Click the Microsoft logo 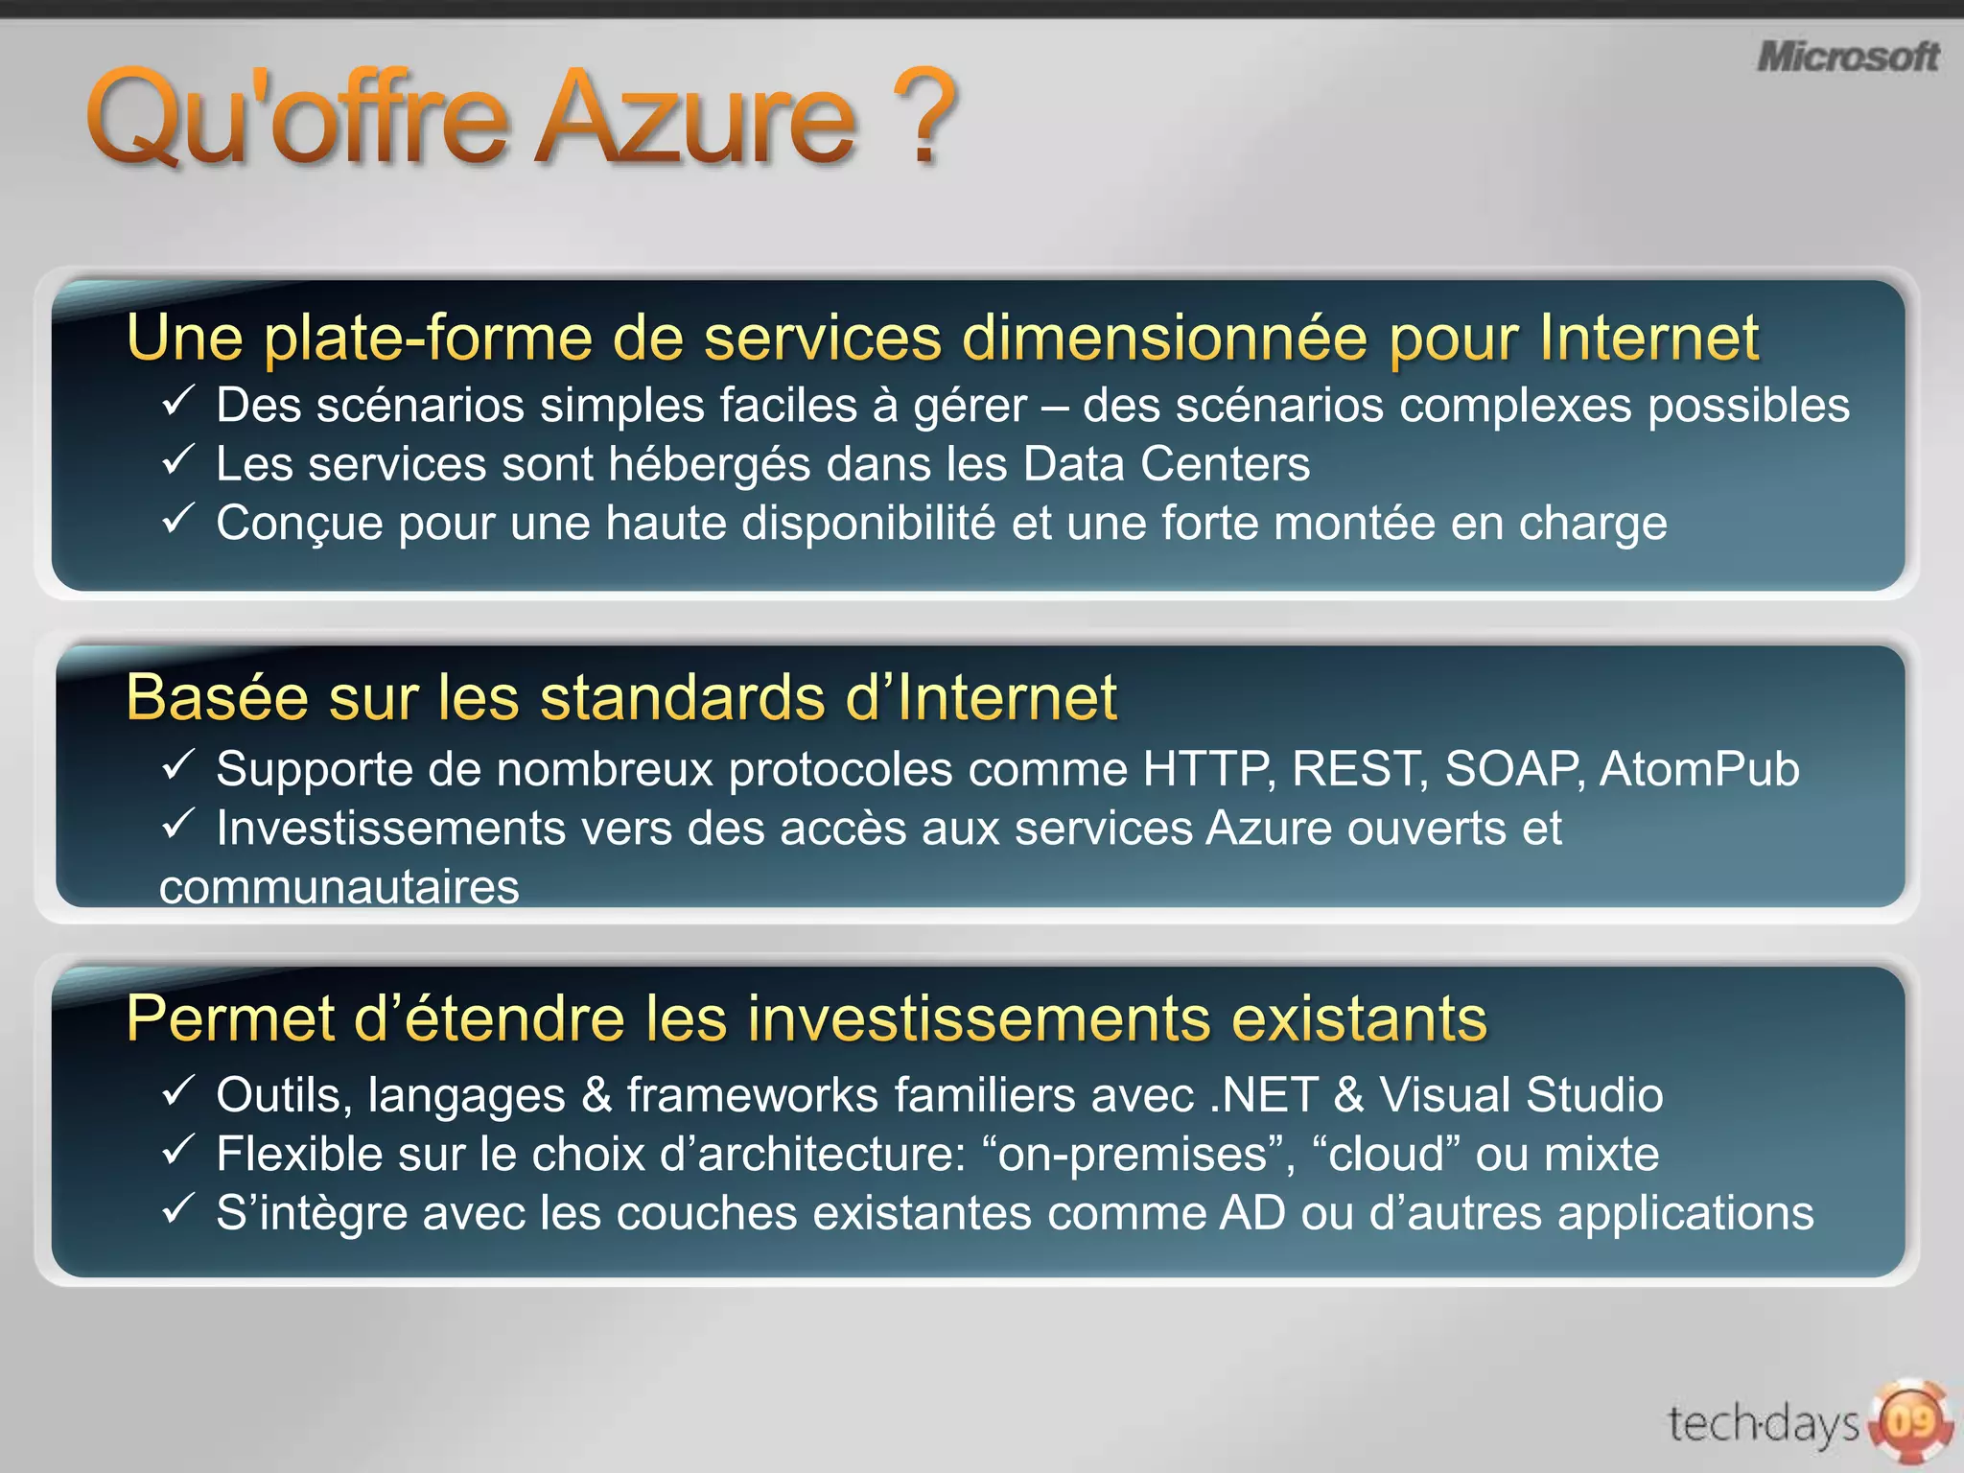tap(1847, 58)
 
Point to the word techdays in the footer tap(1763, 1424)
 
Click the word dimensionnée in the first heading tap(1163, 339)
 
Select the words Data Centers tap(1165, 465)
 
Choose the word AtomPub tap(1698, 770)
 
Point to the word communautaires tap(339, 887)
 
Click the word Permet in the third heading tap(230, 1018)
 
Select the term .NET tap(1263, 1095)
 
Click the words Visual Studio tap(1521, 1095)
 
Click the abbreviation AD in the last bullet tap(1252, 1213)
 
